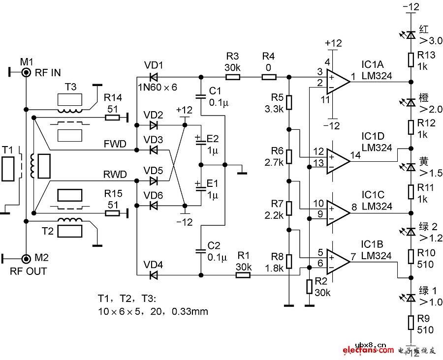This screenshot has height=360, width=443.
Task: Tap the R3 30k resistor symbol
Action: click(233, 77)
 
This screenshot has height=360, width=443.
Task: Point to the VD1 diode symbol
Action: click(153, 77)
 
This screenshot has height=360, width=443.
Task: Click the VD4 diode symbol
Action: click(153, 275)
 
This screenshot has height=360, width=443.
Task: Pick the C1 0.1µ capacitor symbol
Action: click(200, 96)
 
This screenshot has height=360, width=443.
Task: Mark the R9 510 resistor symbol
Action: click(411, 323)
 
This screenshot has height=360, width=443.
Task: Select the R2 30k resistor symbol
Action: click(309, 286)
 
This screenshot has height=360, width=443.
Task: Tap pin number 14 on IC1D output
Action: click(355, 154)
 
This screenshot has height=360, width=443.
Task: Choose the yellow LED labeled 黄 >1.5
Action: click(411, 167)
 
